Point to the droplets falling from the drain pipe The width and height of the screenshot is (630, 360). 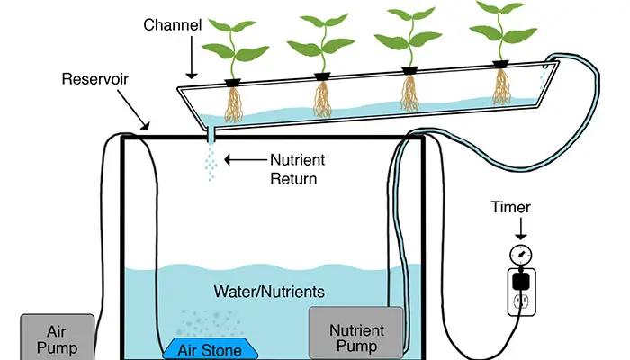211,162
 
